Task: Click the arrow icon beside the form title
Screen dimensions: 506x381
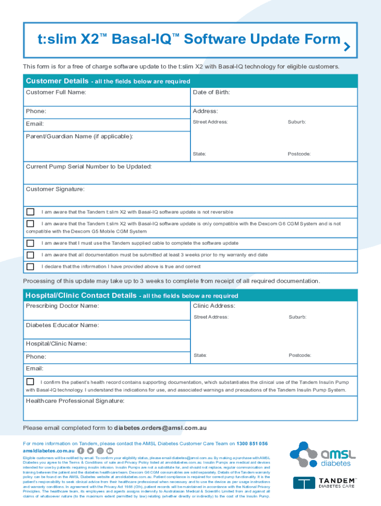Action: click(347, 47)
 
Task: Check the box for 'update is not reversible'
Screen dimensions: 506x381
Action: click(30, 212)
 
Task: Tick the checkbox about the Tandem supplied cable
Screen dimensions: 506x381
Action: click(30, 243)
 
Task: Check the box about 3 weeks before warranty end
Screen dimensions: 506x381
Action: click(30, 255)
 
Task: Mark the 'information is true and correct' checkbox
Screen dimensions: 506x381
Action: click(30, 267)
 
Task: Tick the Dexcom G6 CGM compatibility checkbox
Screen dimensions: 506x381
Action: click(30, 224)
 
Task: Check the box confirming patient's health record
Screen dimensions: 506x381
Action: click(30, 382)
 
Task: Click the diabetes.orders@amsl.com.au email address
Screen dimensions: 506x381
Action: click(160, 428)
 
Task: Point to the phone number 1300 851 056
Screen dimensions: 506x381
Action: click(252, 444)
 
